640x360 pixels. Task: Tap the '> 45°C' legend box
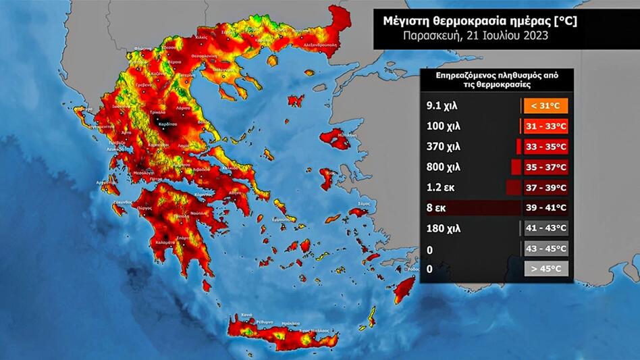tap(546, 269)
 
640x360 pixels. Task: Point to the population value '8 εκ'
tap(437, 207)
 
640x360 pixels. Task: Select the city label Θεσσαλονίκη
tap(202, 56)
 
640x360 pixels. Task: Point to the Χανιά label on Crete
tap(247, 315)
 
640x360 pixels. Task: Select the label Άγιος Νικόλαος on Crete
tap(315, 330)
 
